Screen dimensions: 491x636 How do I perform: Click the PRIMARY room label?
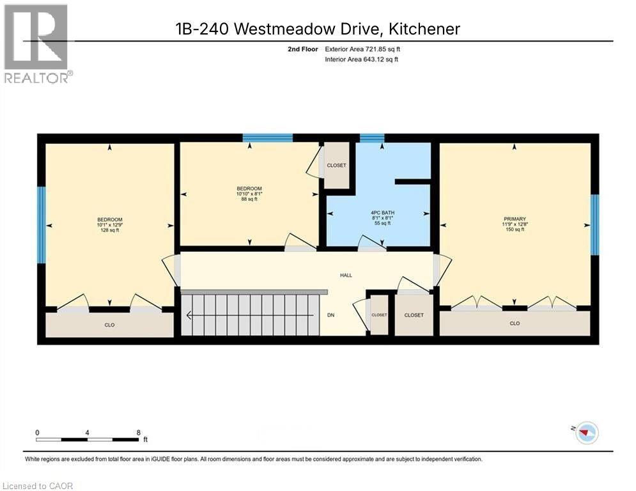pyautogui.click(x=515, y=219)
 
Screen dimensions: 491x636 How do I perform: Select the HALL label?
pyautogui.click(x=346, y=276)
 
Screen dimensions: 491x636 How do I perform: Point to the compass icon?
pyautogui.click(x=586, y=433)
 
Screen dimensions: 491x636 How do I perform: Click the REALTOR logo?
pyautogui.click(x=36, y=43)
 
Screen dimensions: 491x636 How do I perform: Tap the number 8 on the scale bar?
pyautogui.click(x=139, y=432)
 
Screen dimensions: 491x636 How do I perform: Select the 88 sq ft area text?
pyautogui.click(x=249, y=199)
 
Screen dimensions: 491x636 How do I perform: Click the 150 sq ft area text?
pyautogui.click(x=515, y=230)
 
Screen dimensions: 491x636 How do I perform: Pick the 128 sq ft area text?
pyautogui.click(x=109, y=230)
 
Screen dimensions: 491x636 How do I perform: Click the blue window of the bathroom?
pyautogui.click(x=372, y=137)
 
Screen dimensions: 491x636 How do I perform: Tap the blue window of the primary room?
pyautogui.click(x=594, y=224)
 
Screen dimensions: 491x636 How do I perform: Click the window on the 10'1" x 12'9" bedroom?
pyautogui.click(x=42, y=224)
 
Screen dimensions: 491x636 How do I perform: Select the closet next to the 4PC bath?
pyautogui.click(x=336, y=166)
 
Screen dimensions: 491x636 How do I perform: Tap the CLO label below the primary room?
pyautogui.click(x=515, y=323)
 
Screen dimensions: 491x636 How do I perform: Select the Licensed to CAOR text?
pyautogui.click(x=38, y=486)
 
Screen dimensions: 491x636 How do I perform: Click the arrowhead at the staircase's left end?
pyautogui.click(x=189, y=315)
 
